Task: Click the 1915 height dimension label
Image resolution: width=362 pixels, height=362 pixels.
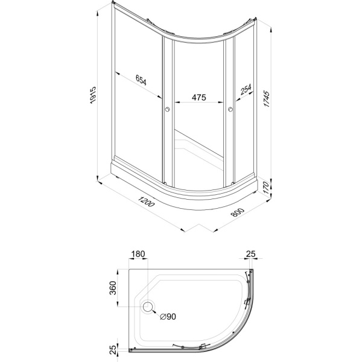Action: [93, 95]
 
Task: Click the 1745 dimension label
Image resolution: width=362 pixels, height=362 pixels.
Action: [267, 99]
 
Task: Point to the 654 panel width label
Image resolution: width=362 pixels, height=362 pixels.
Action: [141, 80]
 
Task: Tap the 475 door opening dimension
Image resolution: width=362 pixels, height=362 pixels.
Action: [198, 97]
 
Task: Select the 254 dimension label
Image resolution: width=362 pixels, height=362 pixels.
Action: [246, 89]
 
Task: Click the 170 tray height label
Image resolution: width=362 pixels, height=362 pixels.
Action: [266, 188]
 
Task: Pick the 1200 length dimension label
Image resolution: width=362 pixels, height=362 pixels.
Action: [146, 202]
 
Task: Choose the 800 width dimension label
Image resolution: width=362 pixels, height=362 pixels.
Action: [237, 212]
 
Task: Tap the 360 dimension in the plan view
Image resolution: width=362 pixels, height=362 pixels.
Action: [113, 288]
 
